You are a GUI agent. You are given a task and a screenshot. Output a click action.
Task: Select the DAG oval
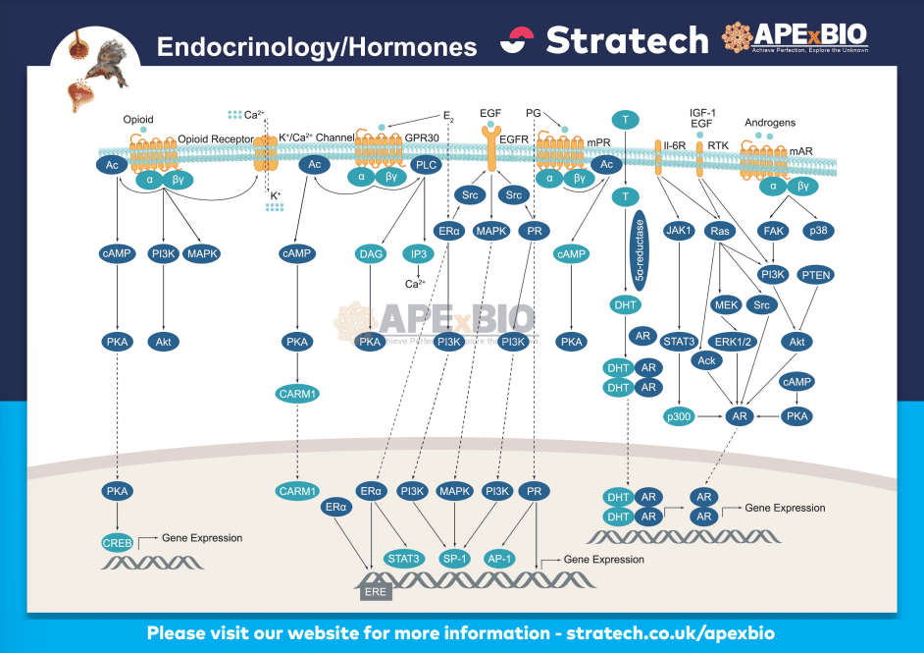click(371, 253)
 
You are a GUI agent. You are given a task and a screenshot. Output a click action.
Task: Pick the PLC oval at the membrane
click(426, 165)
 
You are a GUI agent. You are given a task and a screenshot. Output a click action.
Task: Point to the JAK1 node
click(679, 232)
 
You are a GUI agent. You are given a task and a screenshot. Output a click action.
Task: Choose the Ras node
click(722, 232)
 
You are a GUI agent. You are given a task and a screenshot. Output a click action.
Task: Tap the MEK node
click(727, 303)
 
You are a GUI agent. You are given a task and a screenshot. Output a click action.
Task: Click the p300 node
click(679, 416)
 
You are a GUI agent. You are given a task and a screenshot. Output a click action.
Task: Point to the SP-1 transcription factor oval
click(455, 559)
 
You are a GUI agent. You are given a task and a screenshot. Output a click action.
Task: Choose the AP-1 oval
click(500, 559)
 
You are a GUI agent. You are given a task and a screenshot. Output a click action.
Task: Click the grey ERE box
click(373, 591)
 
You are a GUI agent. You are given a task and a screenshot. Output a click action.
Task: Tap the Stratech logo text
click(627, 40)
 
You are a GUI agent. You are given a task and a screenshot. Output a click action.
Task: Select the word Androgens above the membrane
click(770, 123)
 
